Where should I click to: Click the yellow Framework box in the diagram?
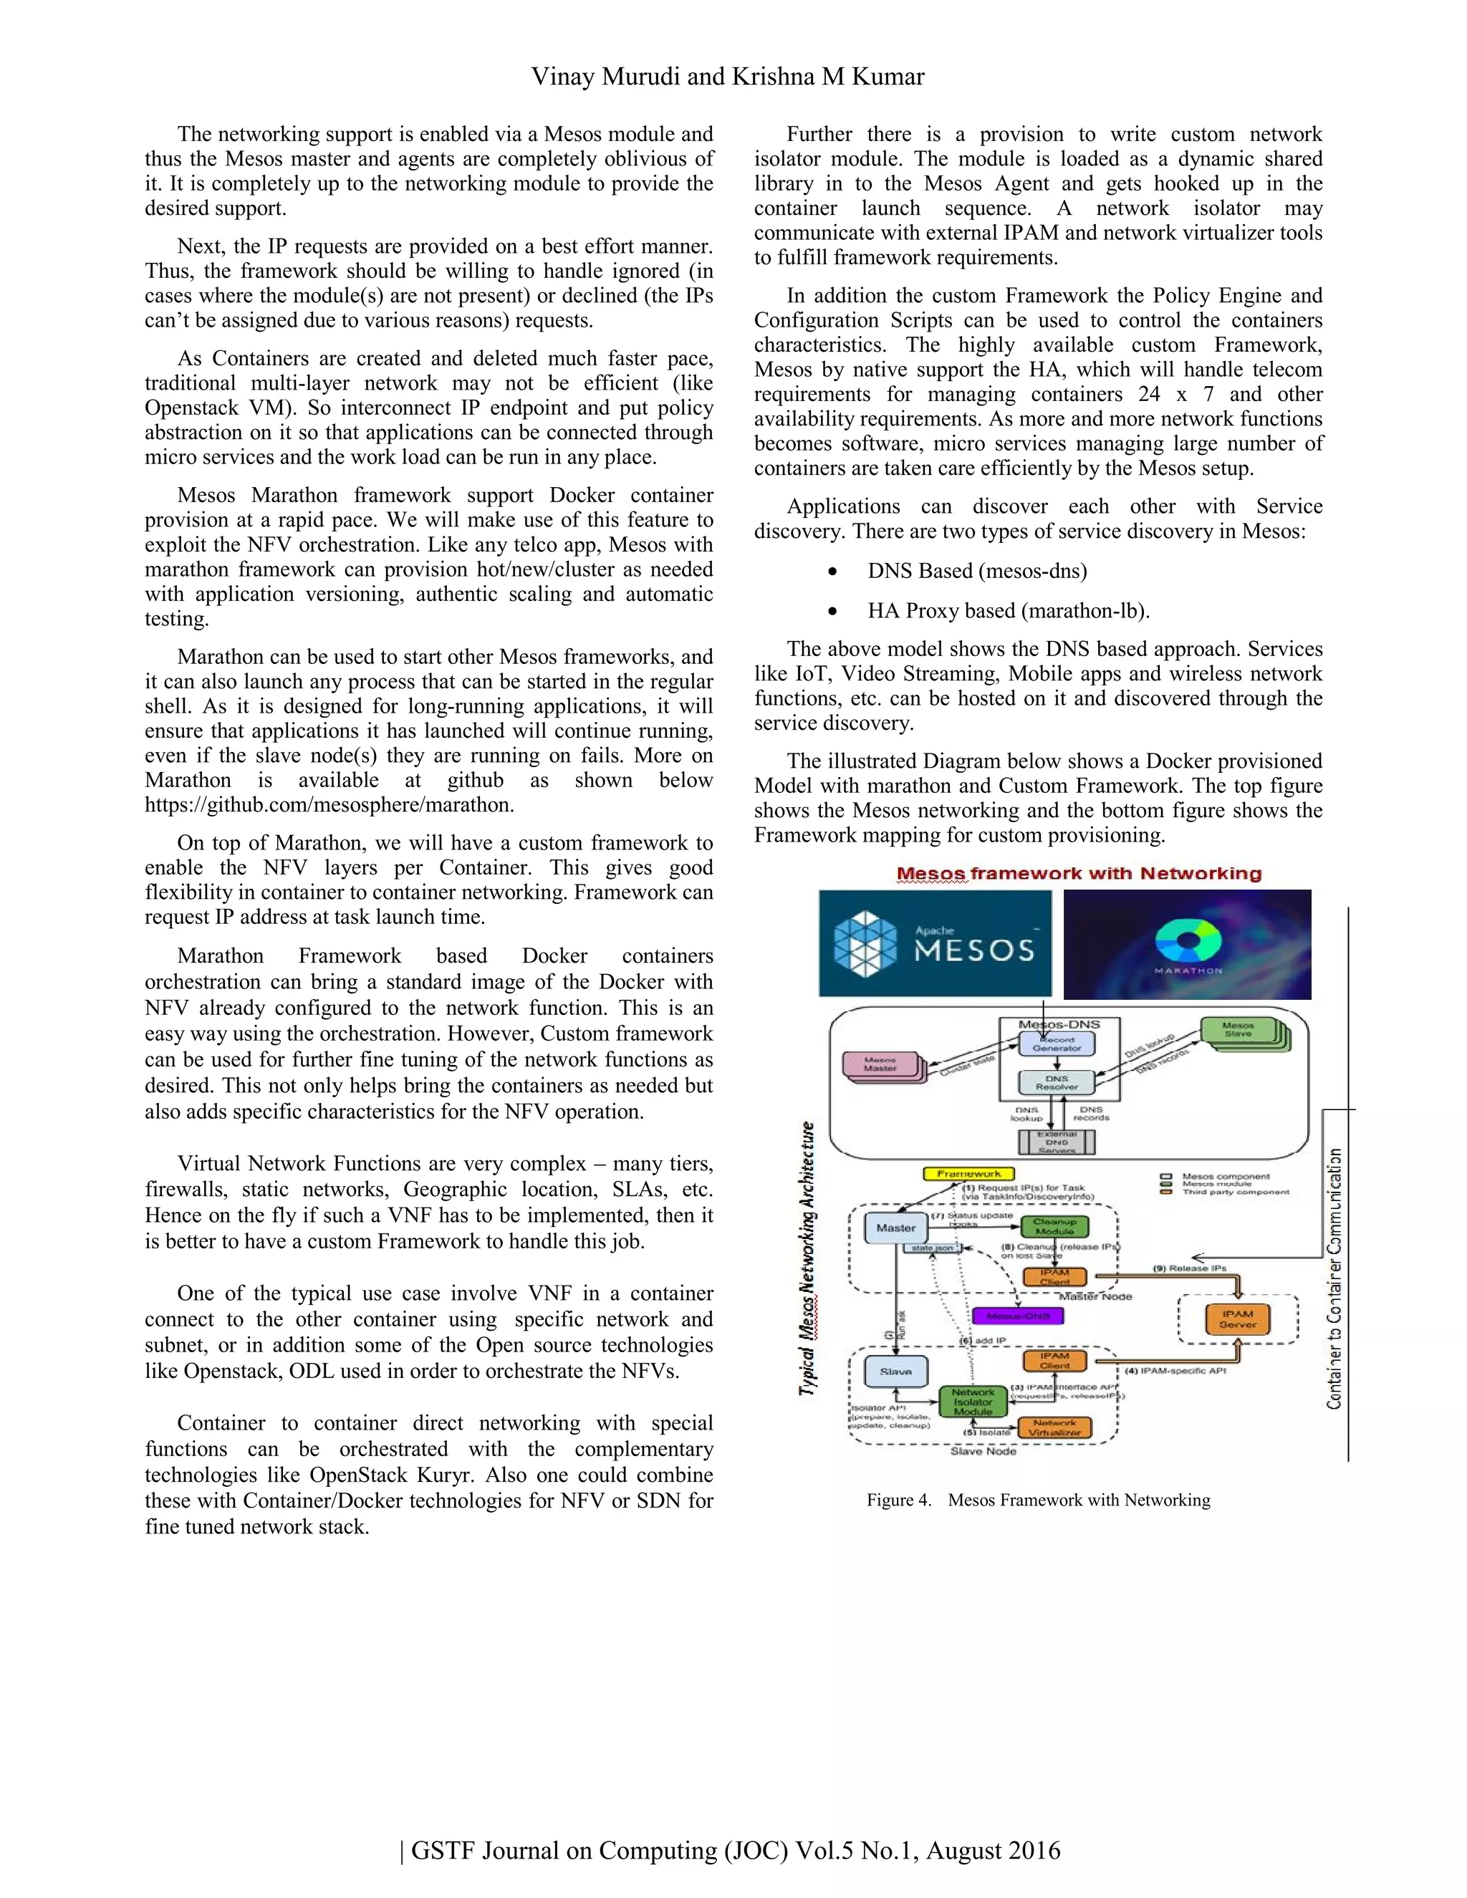coord(968,1173)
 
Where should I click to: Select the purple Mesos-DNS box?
coord(1018,1316)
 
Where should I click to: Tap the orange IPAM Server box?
coord(1238,1319)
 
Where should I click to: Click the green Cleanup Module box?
coord(1054,1226)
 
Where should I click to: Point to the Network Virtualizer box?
coord(1054,1428)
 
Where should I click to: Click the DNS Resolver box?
coord(1056,1083)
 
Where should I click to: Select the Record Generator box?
coord(1056,1044)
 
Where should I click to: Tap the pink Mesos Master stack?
coord(880,1066)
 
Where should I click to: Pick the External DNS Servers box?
coord(1056,1142)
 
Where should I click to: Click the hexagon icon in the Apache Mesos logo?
coord(864,944)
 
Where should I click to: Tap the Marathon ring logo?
coord(1188,941)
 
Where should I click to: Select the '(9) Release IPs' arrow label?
coord(1189,1268)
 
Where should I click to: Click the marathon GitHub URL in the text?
coord(330,805)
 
